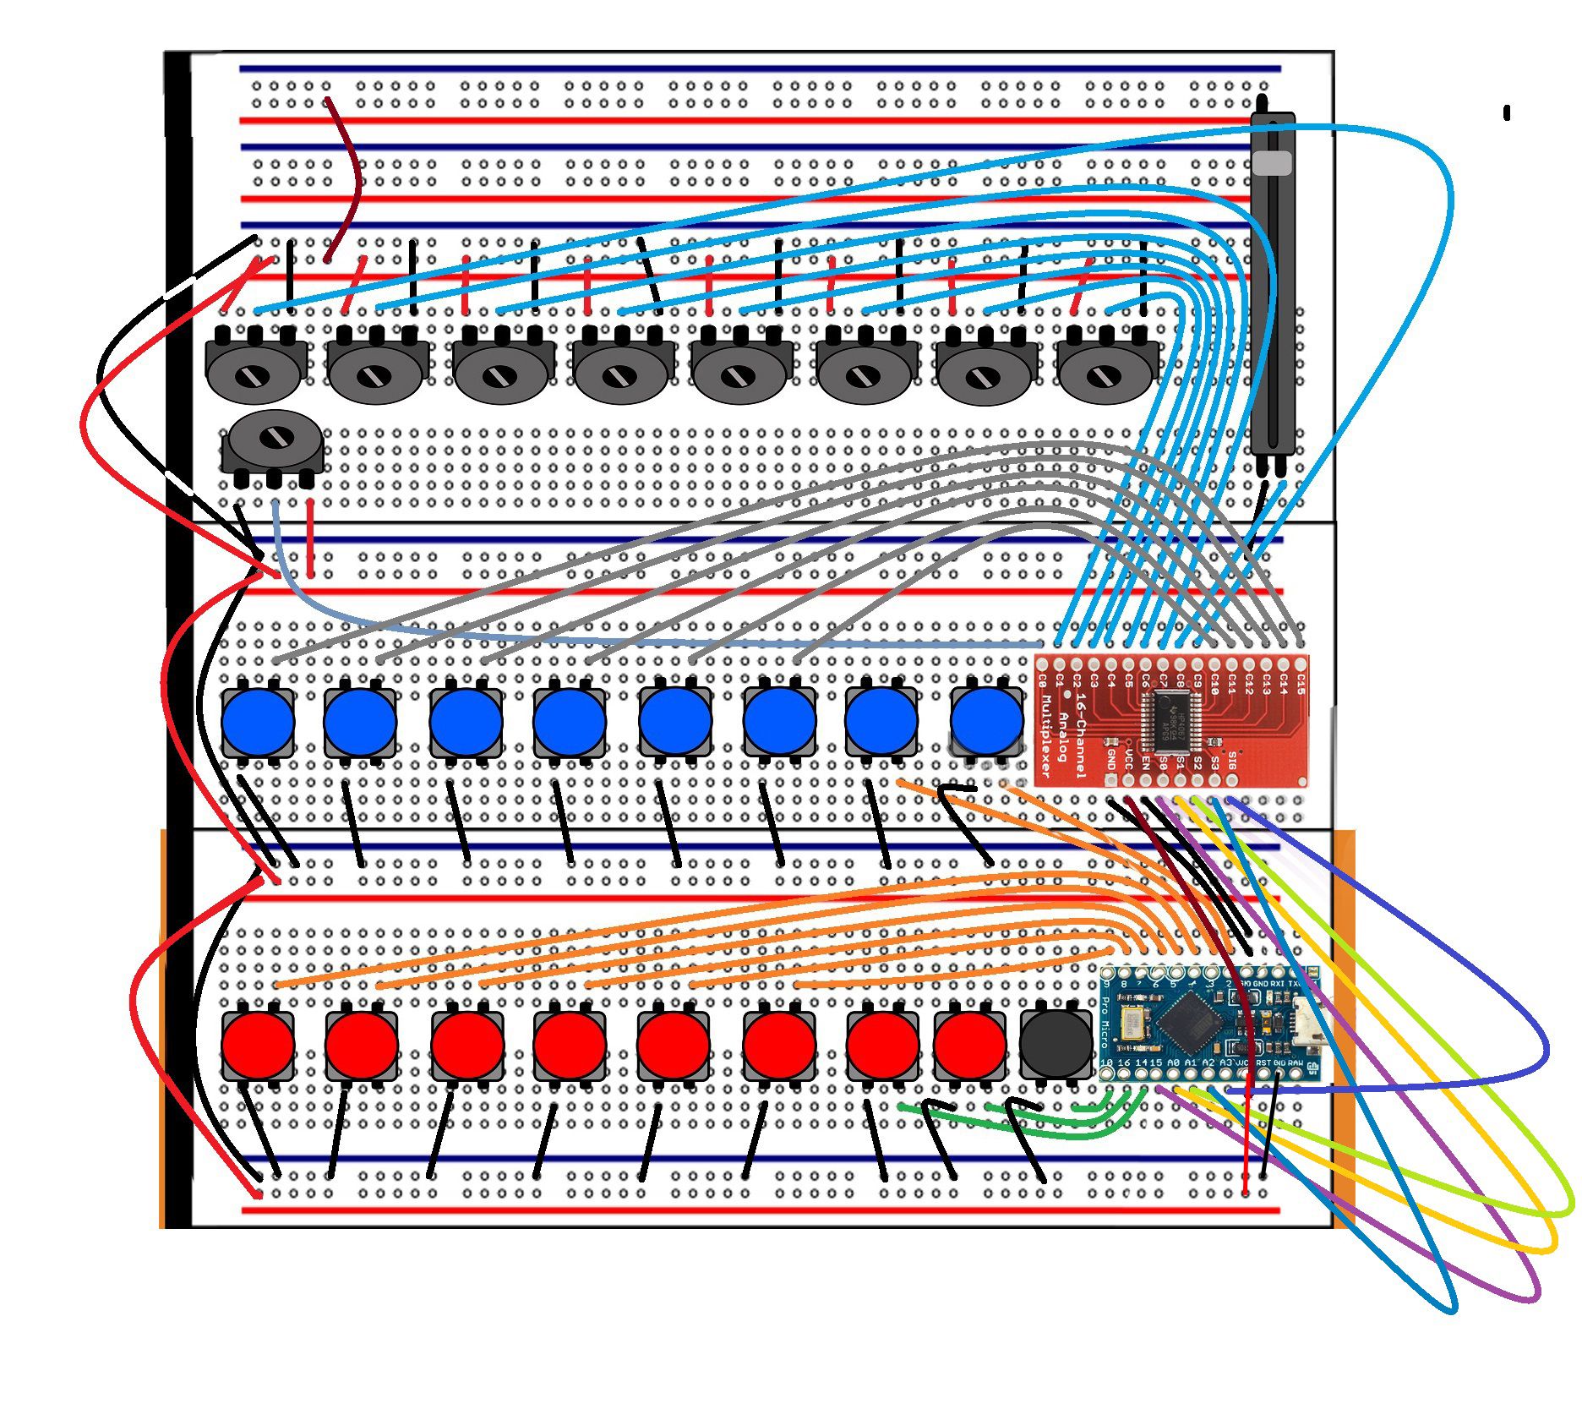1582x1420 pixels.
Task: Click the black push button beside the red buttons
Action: (1056, 1046)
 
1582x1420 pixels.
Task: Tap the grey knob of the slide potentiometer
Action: (1272, 162)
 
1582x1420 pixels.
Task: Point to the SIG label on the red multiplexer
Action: (1232, 763)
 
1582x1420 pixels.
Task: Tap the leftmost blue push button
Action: (258, 724)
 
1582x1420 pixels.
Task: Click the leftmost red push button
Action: (258, 1046)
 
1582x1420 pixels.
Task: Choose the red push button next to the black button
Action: (970, 1046)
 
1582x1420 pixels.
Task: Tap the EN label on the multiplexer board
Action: (1146, 763)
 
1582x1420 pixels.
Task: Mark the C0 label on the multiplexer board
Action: (1043, 680)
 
